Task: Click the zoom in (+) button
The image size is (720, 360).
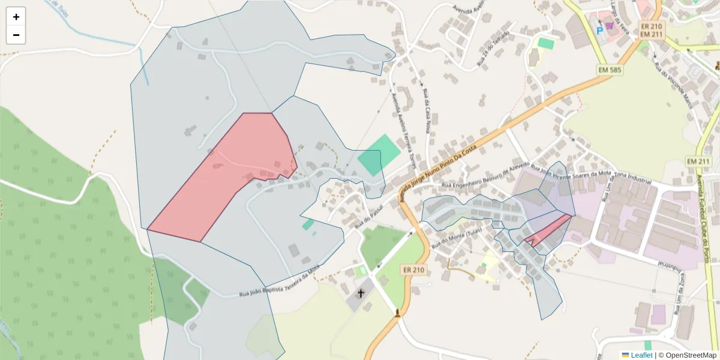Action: pyautogui.click(x=16, y=17)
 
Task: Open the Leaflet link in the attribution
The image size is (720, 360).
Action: pyautogui.click(x=641, y=355)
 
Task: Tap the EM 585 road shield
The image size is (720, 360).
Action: pyautogui.click(x=610, y=70)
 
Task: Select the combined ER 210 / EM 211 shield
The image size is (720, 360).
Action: pyautogui.click(x=651, y=30)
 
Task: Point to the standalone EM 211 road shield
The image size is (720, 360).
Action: pyautogui.click(x=698, y=161)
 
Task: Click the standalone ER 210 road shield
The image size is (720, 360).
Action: pyautogui.click(x=414, y=270)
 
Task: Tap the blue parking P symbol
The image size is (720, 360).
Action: pyautogui.click(x=599, y=29)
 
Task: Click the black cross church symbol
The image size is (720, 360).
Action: pyautogui.click(x=361, y=293)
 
